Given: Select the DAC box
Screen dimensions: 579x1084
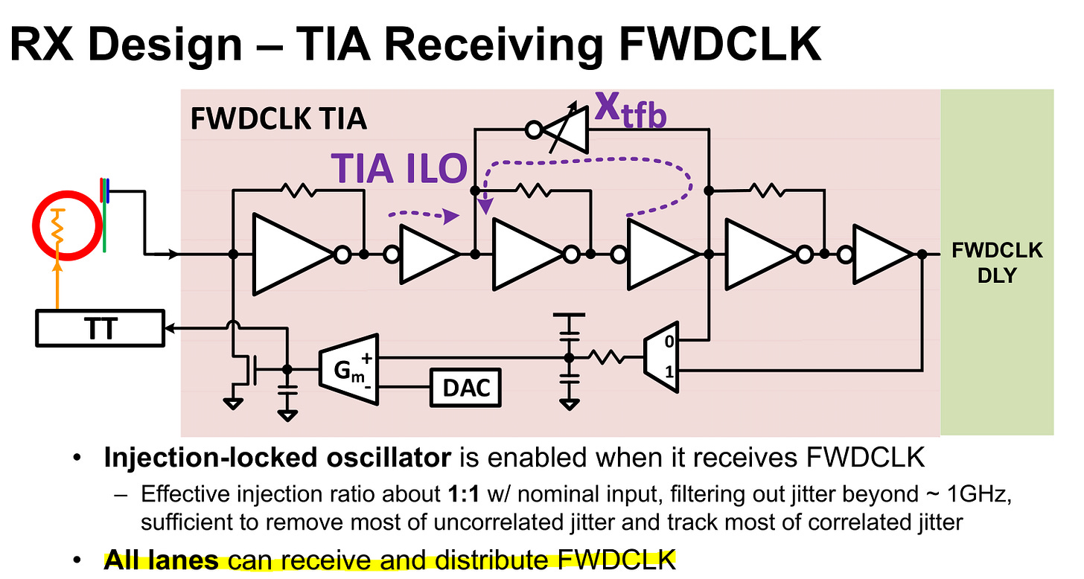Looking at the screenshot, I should tap(465, 387).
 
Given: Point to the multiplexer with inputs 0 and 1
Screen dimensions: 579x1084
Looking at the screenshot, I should tap(661, 358).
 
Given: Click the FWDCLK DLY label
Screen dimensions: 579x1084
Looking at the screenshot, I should tap(997, 263).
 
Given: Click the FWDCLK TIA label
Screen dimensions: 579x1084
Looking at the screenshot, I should tap(278, 120).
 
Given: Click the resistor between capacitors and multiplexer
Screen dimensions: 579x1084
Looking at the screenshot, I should tap(609, 358).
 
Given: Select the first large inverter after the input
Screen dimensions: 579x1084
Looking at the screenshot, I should tap(294, 255).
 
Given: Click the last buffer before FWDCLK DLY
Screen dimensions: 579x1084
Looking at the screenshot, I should tap(879, 255).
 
